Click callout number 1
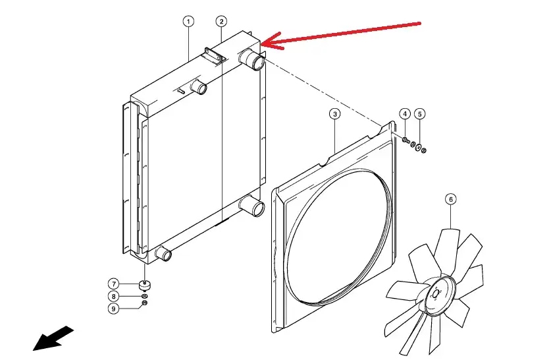click(x=188, y=22)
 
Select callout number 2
click(x=221, y=22)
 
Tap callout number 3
click(x=335, y=114)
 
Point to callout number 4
click(x=405, y=114)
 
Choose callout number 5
click(x=421, y=114)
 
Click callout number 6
click(x=450, y=198)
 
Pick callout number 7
click(x=114, y=284)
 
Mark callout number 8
click(x=114, y=297)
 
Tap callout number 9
click(x=114, y=308)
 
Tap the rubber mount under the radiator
click(x=144, y=286)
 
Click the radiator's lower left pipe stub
click(x=162, y=254)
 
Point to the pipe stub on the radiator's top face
click(x=197, y=87)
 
